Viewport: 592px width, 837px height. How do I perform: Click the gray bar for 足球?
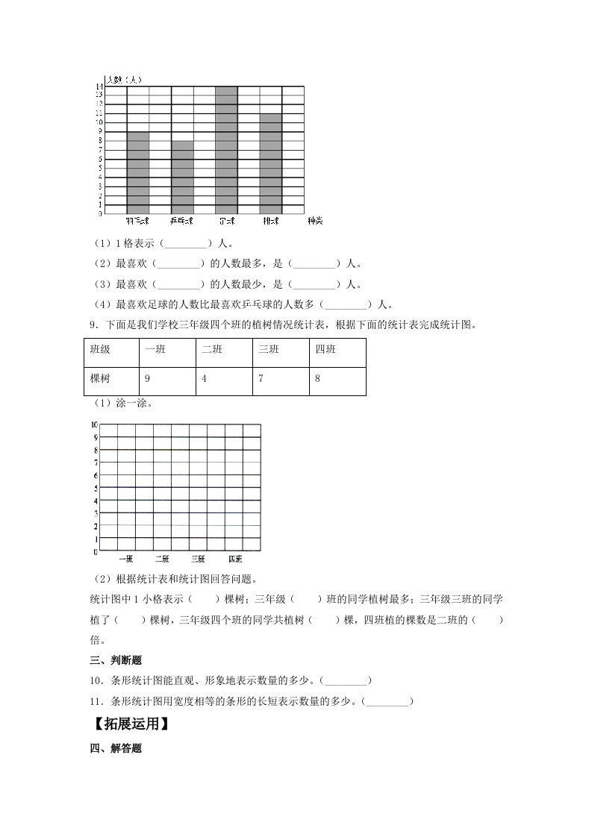(x=226, y=149)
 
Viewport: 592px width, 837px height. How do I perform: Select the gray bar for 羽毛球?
(x=137, y=172)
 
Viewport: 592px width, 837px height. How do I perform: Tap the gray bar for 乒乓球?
(x=182, y=177)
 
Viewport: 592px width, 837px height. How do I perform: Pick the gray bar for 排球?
(x=271, y=163)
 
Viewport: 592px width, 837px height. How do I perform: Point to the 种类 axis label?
(x=315, y=222)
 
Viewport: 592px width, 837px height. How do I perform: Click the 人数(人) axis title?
(x=124, y=79)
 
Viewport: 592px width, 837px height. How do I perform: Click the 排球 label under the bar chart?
(x=271, y=222)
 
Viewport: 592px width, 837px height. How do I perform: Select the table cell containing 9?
(x=166, y=380)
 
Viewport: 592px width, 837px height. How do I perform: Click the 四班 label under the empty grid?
(x=234, y=559)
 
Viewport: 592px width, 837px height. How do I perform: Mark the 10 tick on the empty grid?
(x=94, y=424)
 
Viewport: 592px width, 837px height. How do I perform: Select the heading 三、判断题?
(x=116, y=660)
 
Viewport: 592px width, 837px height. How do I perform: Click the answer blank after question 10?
(x=346, y=680)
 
